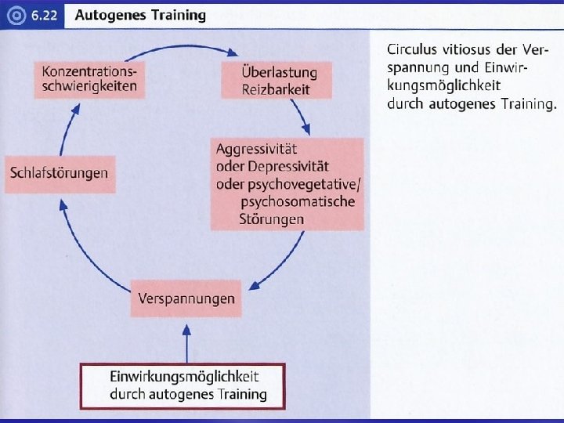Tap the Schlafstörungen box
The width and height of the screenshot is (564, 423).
pos(60,173)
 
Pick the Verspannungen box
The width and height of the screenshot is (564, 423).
pos(186,298)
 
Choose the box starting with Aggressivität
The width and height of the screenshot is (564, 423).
pos(287,184)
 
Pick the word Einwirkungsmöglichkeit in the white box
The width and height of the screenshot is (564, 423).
pos(184,377)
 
